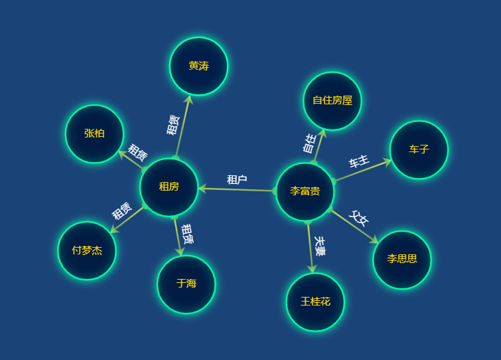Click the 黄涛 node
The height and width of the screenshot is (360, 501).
pos(198,66)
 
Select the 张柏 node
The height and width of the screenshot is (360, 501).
pos(94,134)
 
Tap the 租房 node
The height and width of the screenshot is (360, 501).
pos(169,187)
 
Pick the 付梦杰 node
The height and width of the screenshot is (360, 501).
pos(87,250)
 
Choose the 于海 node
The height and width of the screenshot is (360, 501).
pos(186,284)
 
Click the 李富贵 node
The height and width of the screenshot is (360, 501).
pos(305,191)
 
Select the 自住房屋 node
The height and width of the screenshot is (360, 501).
pos(332,100)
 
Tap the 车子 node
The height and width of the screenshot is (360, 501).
pos(419,149)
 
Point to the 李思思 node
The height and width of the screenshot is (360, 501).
pos(402,259)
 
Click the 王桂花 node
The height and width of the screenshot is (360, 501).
pos(315,302)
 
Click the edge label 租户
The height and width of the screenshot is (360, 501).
pos(237,179)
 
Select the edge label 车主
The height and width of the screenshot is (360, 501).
pos(359,161)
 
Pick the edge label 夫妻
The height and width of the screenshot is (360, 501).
pos(320,246)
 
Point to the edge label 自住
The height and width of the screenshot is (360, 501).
pos(309,143)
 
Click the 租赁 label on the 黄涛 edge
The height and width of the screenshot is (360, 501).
pos(173,124)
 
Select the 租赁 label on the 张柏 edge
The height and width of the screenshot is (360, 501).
pos(137,152)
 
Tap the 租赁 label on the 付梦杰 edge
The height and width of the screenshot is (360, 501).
pos(122,211)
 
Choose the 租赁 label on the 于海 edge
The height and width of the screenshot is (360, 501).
pos(187,234)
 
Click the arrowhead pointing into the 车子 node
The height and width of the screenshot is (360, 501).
pos(388,161)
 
